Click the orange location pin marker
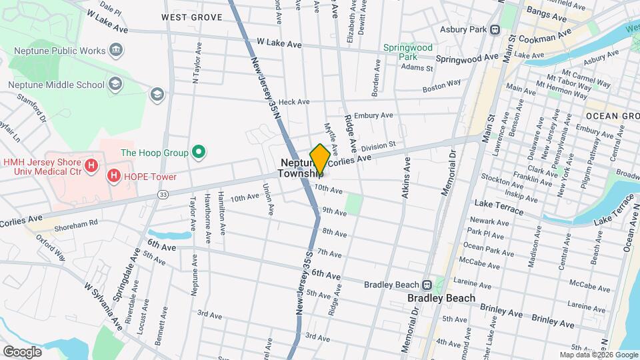tap(319, 159)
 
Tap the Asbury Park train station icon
tap(495, 29)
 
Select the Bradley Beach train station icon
tap(437, 285)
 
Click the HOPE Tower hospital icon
tap(114, 177)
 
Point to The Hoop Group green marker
tap(198, 153)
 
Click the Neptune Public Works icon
tap(116, 50)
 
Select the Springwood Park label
tap(408, 52)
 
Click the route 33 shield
tap(163, 194)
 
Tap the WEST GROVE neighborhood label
tap(191, 17)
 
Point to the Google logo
tap(22, 351)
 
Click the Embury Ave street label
tap(373, 116)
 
